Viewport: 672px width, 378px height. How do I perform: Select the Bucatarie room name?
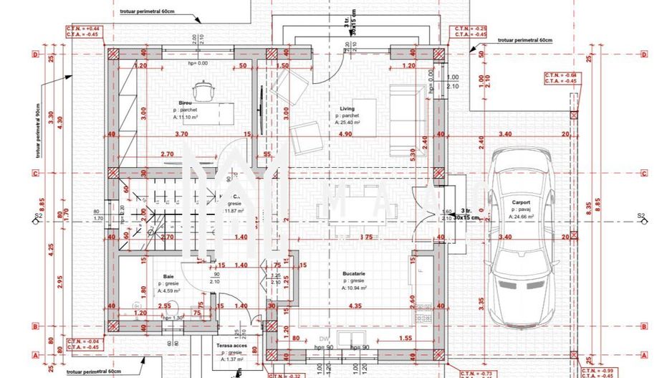click(x=354, y=273)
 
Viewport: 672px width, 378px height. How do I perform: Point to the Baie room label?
click(x=168, y=276)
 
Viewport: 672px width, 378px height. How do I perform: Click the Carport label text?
click(x=521, y=202)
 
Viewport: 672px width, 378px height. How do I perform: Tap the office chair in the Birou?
click(x=207, y=89)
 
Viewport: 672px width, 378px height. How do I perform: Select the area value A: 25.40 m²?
click(x=347, y=123)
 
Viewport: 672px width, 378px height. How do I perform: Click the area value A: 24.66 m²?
click(x=522, y=216)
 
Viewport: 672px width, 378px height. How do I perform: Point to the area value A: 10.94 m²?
click(x=355, y=288)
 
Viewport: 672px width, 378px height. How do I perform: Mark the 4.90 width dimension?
click(x=345, y=133)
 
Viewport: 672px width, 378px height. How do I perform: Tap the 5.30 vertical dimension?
click(x=413, y=153)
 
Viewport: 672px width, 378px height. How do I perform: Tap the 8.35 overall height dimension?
click(x=588, y=208)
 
